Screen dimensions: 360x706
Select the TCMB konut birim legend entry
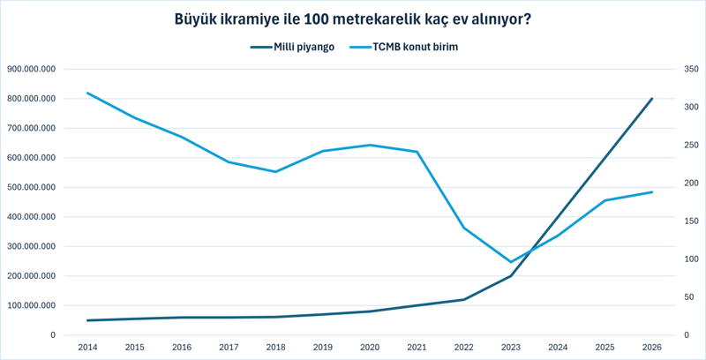(414, 47)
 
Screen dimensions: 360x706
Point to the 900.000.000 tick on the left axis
(31, 69)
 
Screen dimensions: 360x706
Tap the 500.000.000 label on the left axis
(31, 187)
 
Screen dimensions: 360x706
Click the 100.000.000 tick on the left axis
(31, 305)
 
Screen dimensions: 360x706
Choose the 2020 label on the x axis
(370, 348)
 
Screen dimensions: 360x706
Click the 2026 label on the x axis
(652, 348)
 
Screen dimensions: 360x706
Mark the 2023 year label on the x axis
(511, 348)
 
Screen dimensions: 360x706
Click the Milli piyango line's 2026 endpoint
(652, 99)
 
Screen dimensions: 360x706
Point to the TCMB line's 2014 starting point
(86, 93)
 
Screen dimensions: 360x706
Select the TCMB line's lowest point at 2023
(511, 262)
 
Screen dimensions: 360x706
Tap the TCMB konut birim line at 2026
(652, 191)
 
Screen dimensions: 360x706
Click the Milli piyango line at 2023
(511, 276)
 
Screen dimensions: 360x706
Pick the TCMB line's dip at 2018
(275, 171)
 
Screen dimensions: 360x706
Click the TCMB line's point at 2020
(370, 145)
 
